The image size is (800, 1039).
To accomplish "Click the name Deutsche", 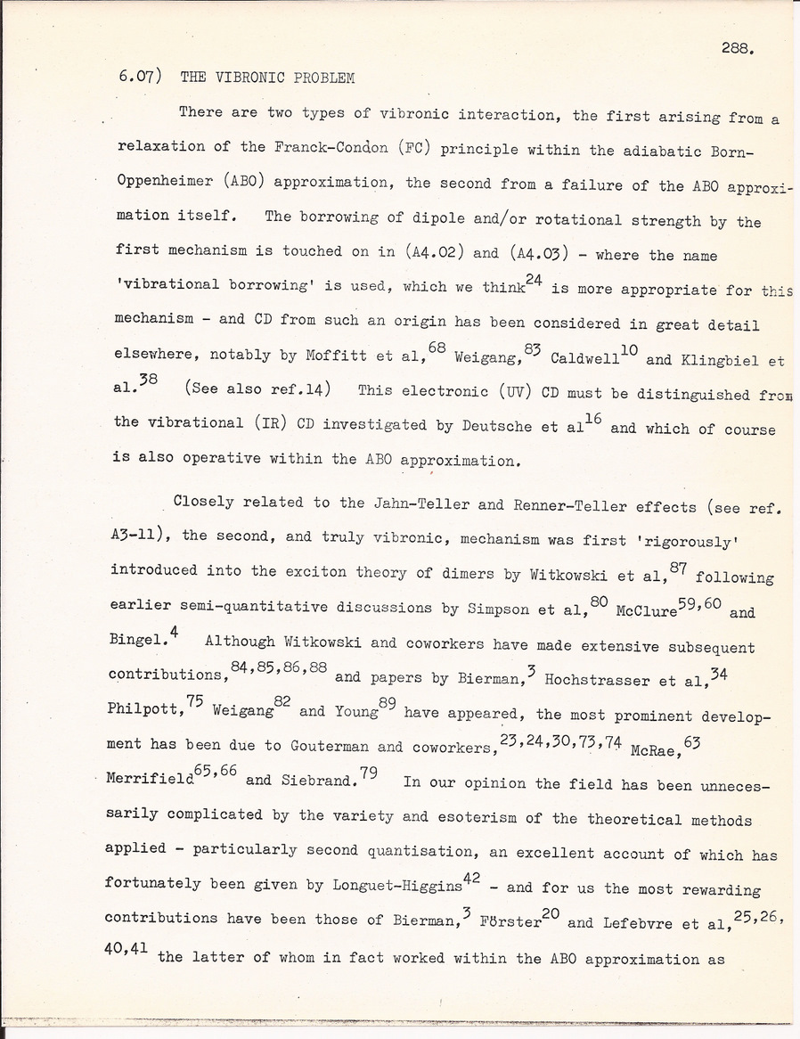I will point(498,426).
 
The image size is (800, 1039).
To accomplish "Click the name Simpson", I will point(498,611).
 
